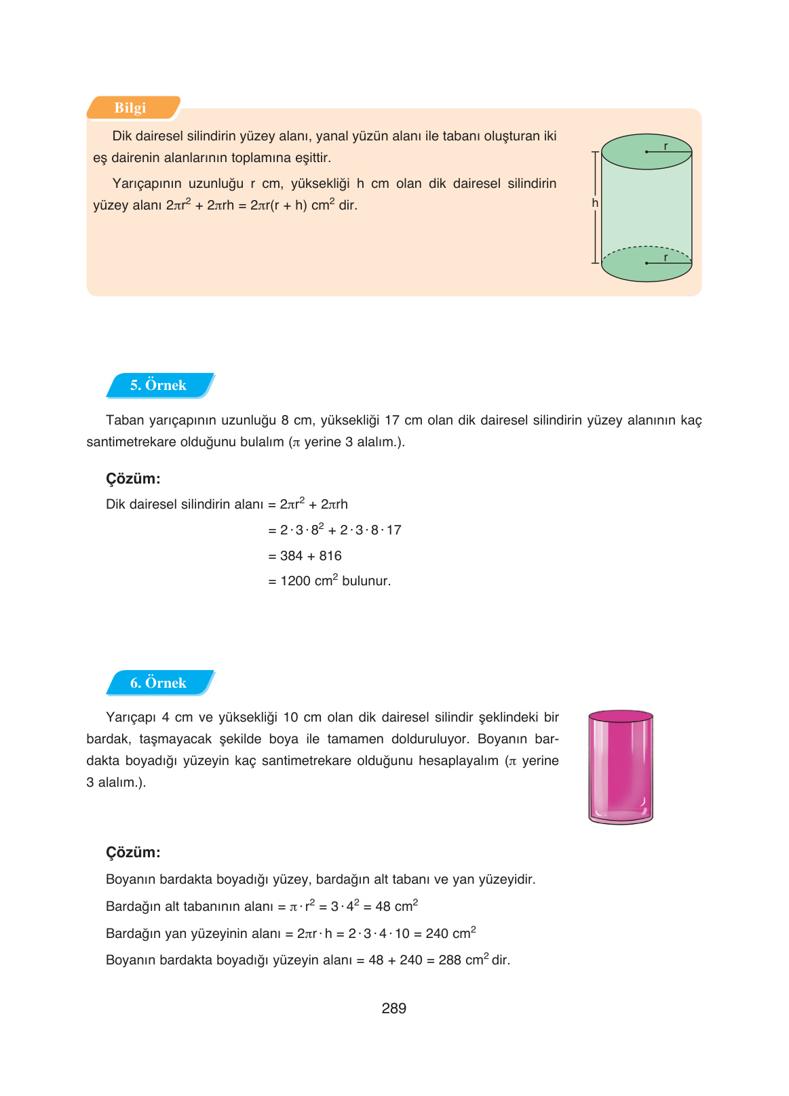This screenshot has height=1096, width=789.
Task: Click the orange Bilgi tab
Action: pyautogui.click(x=132, y=108)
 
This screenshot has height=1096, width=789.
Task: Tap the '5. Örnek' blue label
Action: pyautogui.click(x=159, y=385)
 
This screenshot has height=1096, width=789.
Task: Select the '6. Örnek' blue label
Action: pyautogui.click(x=159, y=683)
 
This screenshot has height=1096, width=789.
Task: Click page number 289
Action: pyautogui.click(x=393, y=1009)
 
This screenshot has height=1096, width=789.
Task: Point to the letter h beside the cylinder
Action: pyautogui.click(x=595, y=203)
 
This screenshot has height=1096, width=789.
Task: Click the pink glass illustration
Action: pyautogui.click(x=621, y=766)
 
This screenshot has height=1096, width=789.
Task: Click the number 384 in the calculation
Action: pyautogui.click(x=291, y=556)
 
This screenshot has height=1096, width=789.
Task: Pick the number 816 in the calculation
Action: pyautogui.click(x=330, y=556)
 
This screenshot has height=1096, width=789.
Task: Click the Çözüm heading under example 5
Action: pyautogui.click(x=133, y=479)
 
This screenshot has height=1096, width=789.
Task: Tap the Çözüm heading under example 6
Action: pyautogui.click(x=133, y=853)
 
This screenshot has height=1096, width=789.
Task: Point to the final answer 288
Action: pyautogui.click(x=450, y=960)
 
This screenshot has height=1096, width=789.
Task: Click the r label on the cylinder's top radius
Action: pyautogui.click(x=666, y=146)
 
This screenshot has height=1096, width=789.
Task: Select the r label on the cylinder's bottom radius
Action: pyautogui.click(x=666, y=258)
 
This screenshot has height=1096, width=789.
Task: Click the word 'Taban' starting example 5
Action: pyautogui.click(x=125, y=420)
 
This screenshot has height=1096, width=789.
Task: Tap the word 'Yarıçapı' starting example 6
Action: pyautogui.click(x=131, y=718)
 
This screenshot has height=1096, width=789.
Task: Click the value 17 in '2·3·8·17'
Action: pyautogui.click(x=393, y=530)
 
